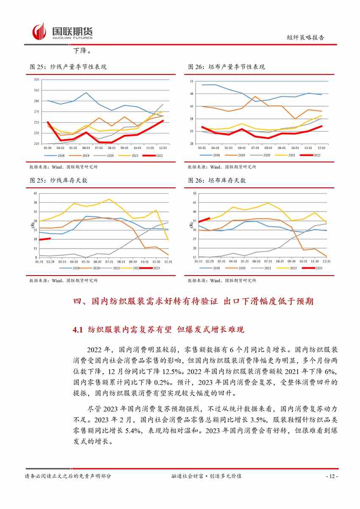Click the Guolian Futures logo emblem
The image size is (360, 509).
[39, 32]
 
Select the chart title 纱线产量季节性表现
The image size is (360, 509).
[72, 67]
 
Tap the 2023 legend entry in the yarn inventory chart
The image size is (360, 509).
[151, 268]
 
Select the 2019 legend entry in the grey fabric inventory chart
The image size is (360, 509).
[211, 268]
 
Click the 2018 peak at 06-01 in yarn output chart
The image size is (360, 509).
[86, 92]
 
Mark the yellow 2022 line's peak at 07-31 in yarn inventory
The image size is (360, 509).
[109, 199]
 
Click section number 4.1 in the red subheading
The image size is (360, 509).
[80, 329]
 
